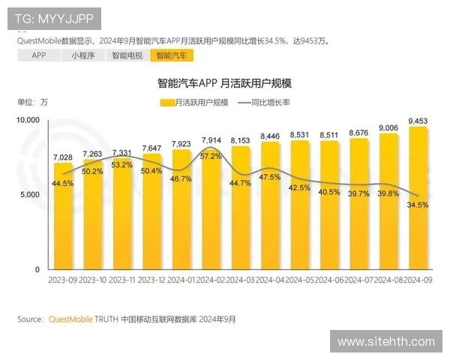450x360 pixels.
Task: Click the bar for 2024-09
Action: [x=417, y=199]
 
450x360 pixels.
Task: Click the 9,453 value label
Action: [x=418, y=121]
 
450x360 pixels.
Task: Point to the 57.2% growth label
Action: [x=211, y=156]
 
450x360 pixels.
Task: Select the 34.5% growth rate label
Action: [x=418, y=204]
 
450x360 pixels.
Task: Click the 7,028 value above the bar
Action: [x=63, y=156]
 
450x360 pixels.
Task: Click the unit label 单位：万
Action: [x=32, y=103]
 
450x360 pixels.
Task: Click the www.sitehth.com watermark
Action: [x=385, y=342]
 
